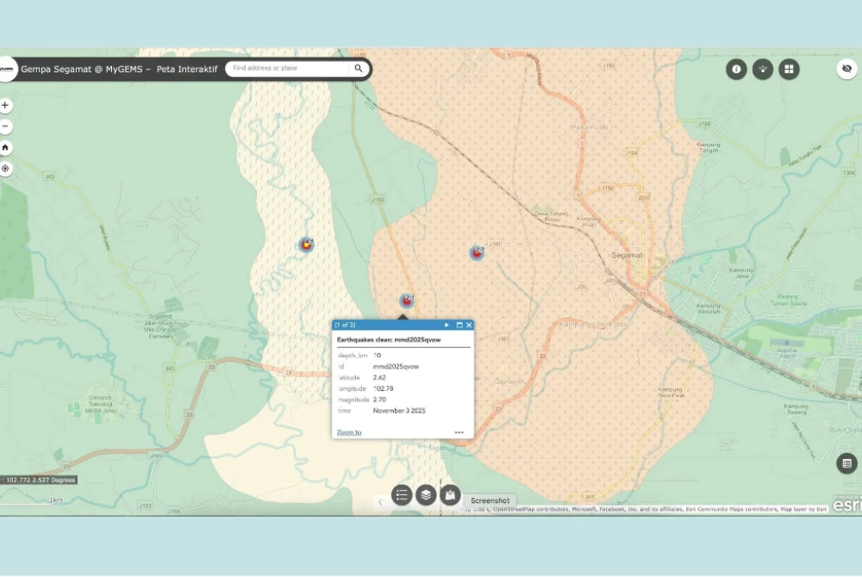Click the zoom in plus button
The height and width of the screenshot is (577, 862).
(x=6, y=106)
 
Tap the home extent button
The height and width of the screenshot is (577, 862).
(x=6, y=147)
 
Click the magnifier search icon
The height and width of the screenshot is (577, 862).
(x=359, y=68)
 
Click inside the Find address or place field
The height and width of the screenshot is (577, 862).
(x=289, y=68)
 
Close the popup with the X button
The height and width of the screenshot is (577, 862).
(x=469, y=325)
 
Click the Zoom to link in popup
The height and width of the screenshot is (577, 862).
(x=349, y=432)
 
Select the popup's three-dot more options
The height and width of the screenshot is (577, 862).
(x=459, y=432)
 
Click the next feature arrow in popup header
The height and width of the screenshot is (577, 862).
(x=447, y=325)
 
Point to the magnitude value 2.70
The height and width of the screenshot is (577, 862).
(x=379, y=400)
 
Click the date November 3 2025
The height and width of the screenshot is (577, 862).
(x=399, y=411)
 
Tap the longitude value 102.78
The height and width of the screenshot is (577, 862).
(x=383, y=388)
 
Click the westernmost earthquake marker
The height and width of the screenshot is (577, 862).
(x=306, y=245)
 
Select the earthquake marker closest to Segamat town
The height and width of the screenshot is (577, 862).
(x=477, y=252)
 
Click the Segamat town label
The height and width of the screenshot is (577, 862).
(x=627, y=256)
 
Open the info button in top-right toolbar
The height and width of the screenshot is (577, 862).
(x=736, y=69)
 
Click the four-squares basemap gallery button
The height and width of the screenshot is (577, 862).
(x=789, y=69)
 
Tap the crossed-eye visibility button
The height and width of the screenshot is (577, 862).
(x=846, y=69)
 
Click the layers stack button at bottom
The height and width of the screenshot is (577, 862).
(x=426, y=494)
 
